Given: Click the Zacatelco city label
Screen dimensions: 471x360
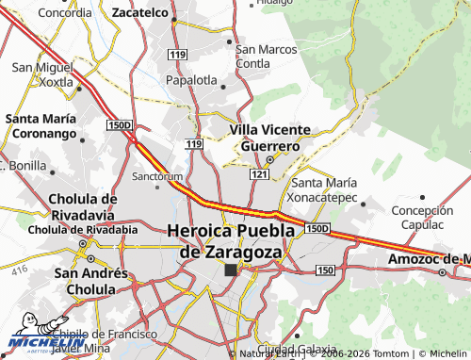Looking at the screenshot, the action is (x=138, y=14).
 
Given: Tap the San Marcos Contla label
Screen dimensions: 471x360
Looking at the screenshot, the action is (x=266, y=57).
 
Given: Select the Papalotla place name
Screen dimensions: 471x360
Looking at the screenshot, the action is (x=192, y=80).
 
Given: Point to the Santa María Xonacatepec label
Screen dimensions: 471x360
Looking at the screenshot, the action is (x=324, y=190).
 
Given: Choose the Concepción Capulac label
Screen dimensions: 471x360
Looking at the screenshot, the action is (x=422, y=218).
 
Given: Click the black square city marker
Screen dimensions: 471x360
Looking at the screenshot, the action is (x=231, y=270).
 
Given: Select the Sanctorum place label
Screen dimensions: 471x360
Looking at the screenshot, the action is (x=156, y=176).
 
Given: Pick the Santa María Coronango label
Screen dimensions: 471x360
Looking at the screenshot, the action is (x=46, y=126).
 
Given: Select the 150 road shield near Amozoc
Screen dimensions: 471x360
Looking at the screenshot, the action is (x=325, y=270).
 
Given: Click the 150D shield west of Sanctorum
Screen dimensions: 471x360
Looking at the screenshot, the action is (x=120, y=124).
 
